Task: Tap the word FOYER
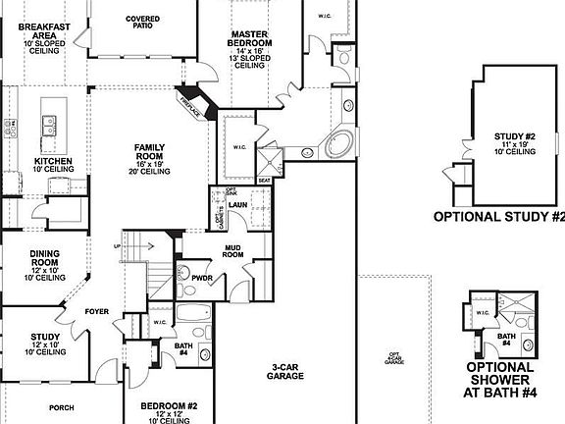click(x=96, y=312)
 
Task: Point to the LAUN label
click(x=238, y=205)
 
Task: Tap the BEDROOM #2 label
click(x=169, y=406)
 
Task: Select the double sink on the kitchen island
click(x=46, y=124)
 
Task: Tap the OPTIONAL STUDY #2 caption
click(x=499, y=217)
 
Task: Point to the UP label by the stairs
click(x=119, y=245)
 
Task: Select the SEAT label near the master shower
click(x=263, y=181)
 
